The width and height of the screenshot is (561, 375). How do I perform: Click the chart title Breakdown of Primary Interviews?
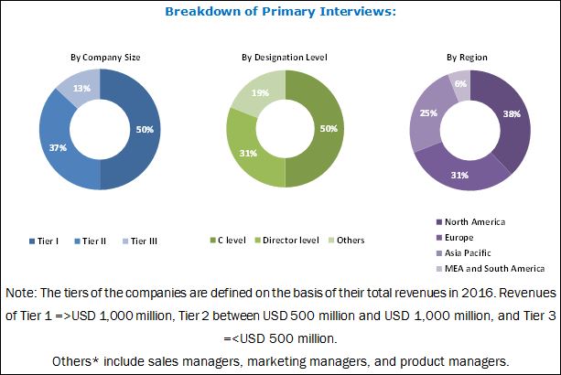click(279, 12)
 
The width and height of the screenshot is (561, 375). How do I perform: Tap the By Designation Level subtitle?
click(284, 56)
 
